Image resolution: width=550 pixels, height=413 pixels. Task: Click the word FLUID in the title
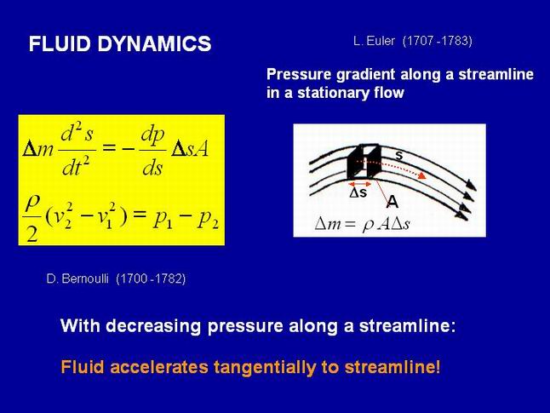(x=60, y=43)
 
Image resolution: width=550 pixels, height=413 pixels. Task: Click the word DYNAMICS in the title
(x=154, y=43)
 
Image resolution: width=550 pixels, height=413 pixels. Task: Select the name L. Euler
(x=374, y=41)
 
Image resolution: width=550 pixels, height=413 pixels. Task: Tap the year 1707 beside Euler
(x=420, y=41)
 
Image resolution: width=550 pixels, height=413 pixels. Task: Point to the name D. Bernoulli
(x=77, y=278)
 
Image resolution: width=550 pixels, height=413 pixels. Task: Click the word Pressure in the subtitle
(x=299, y=74)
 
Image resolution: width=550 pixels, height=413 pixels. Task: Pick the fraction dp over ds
(x=152, y=152)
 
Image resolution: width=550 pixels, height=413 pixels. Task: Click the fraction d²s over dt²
(x=77, y=152)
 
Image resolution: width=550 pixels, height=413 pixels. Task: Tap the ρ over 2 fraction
(x=32, y=218)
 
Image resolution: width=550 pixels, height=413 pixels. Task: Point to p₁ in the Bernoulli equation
(x=163, y=220)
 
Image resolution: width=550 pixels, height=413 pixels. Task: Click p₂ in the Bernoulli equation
(x=208, y=220)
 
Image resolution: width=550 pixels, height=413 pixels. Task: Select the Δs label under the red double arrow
(x=358, y=192)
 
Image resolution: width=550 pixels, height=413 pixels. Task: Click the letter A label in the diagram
(x=392, y=202)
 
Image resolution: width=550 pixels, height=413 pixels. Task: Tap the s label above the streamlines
(x=398, y=156)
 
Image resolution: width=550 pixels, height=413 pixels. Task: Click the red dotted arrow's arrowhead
(x=421, y=175)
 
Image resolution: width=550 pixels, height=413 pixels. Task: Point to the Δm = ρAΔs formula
(x=363, y=224)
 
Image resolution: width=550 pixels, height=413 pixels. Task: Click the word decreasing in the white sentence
(x=153, y=326)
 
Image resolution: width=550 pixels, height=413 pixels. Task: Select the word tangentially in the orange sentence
(x=265, y=367)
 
